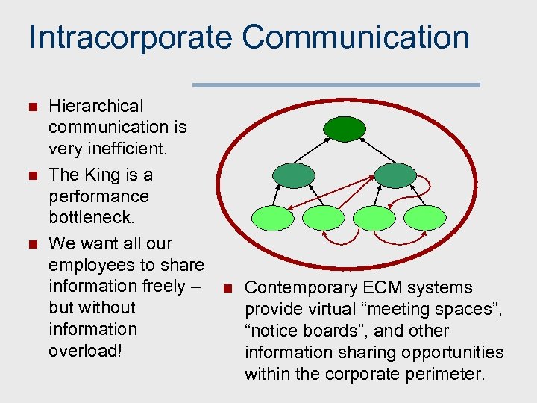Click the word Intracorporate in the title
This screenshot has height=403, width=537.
[x=130, y=37]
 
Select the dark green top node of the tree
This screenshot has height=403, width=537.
[x=344, y=128]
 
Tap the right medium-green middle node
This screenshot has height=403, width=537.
[x=395, y=175]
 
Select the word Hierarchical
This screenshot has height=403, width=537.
[x=95, y=107]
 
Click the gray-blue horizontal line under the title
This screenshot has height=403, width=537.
[x=336, y=85]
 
